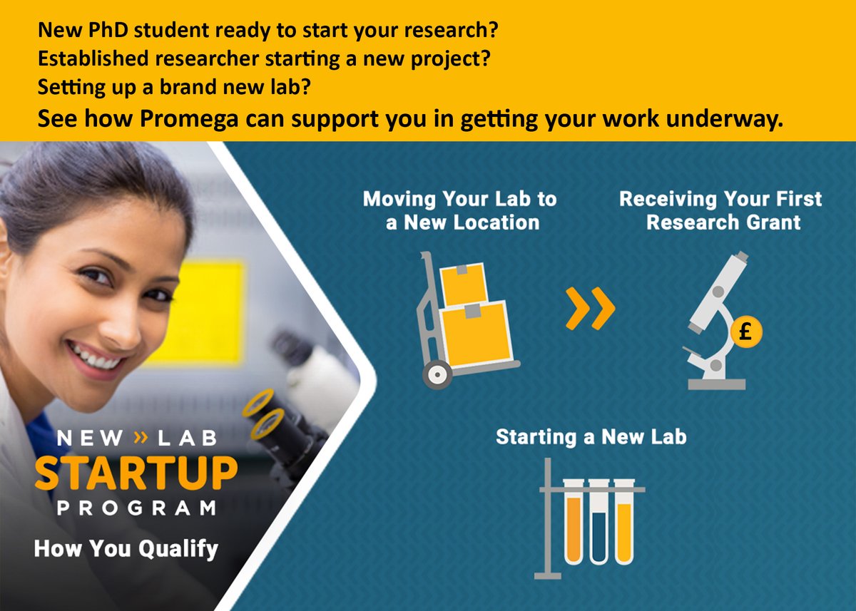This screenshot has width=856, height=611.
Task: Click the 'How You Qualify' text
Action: click(126, 549)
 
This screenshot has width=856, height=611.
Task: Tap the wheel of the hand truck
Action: click(437, 374)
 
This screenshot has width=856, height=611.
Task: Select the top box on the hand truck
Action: click(464, 283)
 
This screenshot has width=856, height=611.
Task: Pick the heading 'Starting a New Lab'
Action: click(591, 436)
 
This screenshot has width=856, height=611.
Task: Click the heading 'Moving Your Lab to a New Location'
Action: click(460, 210)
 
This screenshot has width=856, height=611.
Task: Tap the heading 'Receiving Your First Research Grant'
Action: click(720, 210)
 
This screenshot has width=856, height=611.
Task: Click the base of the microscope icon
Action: click(716, 384)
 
